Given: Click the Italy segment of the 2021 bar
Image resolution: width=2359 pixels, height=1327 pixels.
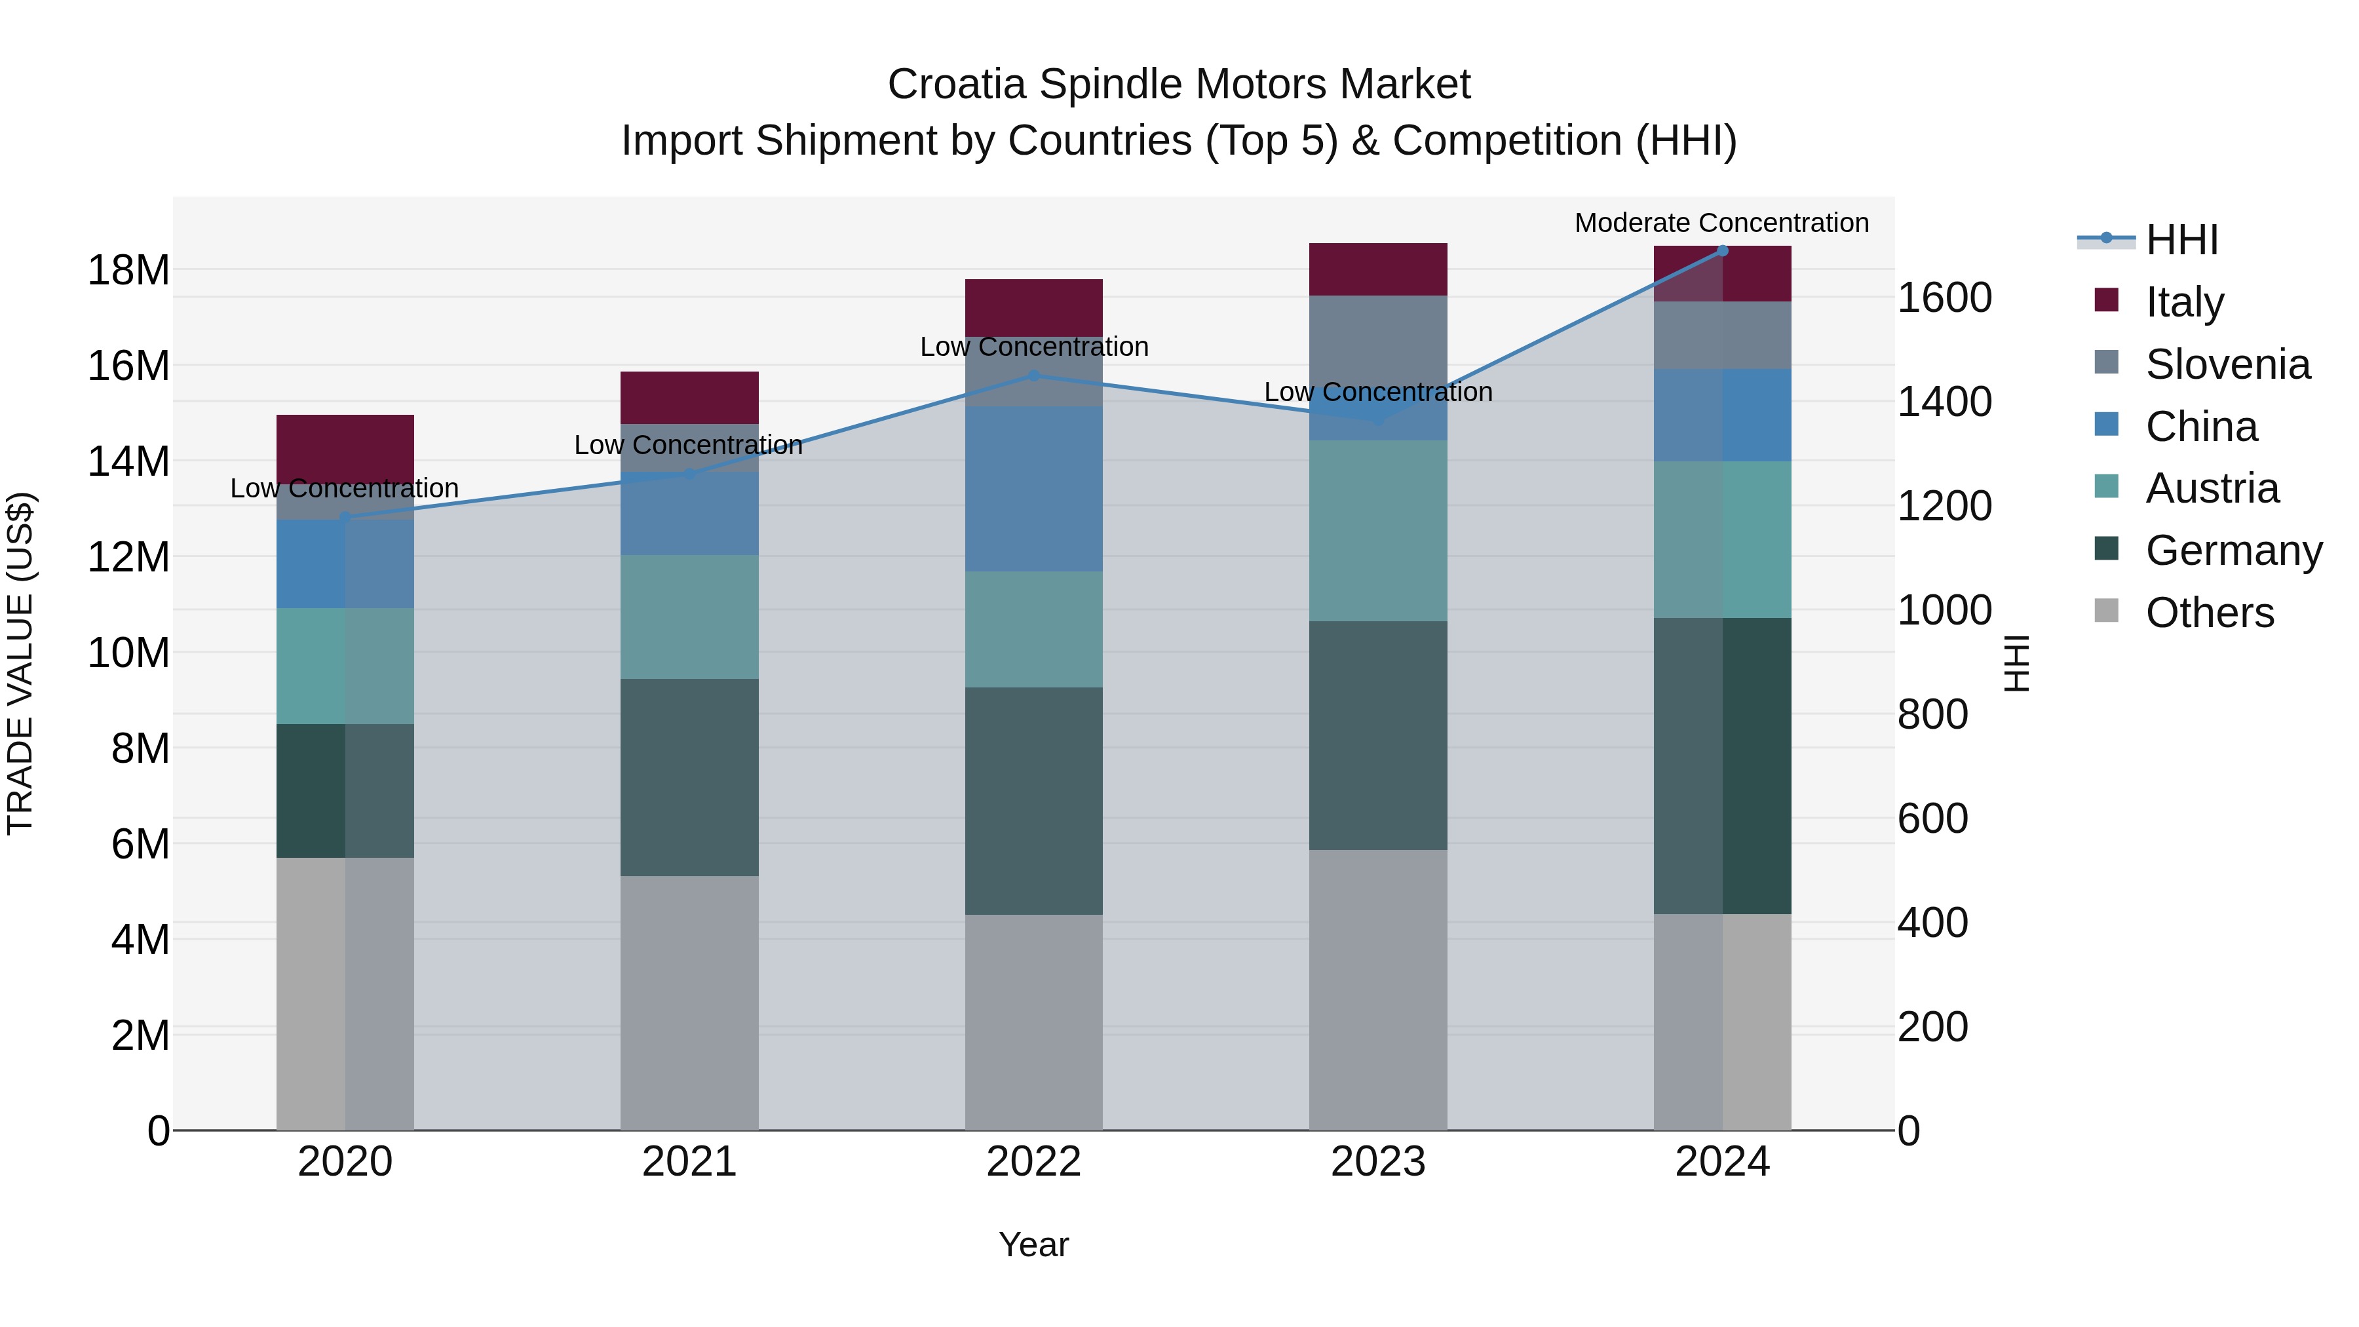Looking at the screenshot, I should tap(689, 398).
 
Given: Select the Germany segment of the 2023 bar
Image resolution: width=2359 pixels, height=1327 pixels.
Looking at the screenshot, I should tap(1377, 735).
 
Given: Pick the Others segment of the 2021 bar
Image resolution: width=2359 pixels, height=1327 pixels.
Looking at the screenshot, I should tap(689, 1003).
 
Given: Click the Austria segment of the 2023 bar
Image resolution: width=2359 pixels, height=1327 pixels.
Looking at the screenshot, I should tap(1377, 531).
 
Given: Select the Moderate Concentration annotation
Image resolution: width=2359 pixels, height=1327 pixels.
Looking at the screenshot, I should tap(1721, 223).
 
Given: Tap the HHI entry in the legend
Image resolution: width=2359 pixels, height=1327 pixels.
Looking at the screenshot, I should tap(2181, 240).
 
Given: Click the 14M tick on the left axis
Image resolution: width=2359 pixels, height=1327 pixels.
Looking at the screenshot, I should tap(128, 461).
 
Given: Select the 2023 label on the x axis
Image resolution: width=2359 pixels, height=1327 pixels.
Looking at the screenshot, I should tap(1377, 1162).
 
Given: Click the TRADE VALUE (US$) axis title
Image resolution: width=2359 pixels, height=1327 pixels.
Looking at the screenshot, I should tap(20, 663).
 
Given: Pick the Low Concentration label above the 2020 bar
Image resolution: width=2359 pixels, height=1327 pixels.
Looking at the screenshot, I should tap(344, 489).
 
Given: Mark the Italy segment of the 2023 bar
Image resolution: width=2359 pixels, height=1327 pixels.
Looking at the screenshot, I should tap(1377, 269).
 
